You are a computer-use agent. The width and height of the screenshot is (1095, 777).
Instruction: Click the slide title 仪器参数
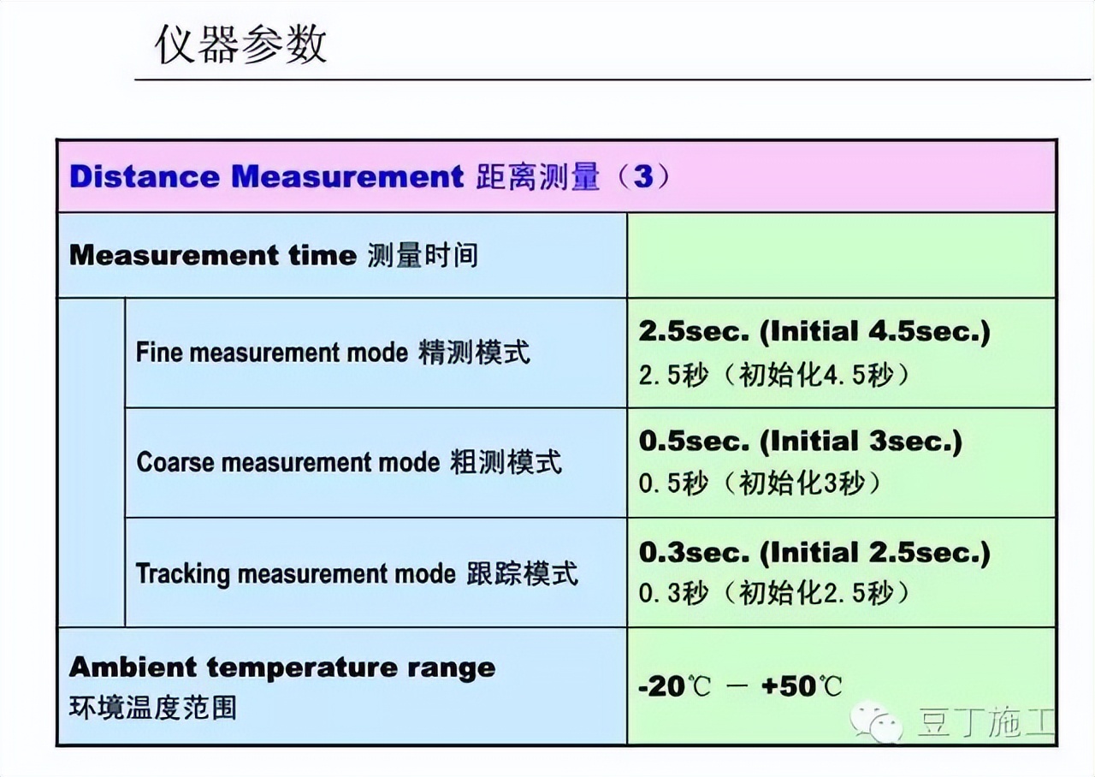240,44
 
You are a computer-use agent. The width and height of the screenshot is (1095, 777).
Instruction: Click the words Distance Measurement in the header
266,177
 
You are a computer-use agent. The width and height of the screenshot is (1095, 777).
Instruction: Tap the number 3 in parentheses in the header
642,177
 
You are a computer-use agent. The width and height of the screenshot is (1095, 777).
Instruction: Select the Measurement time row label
212,255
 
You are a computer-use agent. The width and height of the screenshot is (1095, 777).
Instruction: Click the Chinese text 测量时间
423,255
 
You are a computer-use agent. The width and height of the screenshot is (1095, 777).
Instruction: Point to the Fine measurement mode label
272,353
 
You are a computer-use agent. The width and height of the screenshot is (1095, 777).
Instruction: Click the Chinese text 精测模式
474,353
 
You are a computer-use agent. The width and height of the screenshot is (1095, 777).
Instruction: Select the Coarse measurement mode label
287,462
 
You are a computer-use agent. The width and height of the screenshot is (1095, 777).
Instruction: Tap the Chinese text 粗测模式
506,462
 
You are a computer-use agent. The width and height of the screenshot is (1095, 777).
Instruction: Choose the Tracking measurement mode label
296,572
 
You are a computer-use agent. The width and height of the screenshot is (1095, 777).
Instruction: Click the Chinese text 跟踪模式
522,572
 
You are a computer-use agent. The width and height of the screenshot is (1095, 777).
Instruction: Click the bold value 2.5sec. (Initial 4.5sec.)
814,332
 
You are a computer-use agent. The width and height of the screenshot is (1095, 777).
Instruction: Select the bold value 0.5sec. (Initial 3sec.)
800,442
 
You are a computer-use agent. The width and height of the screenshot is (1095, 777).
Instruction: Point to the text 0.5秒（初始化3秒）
760,483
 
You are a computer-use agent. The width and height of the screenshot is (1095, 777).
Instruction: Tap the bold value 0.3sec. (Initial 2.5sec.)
814,552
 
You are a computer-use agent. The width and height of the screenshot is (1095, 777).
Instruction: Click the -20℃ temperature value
674,686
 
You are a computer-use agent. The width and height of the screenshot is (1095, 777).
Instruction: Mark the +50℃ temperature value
801,686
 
